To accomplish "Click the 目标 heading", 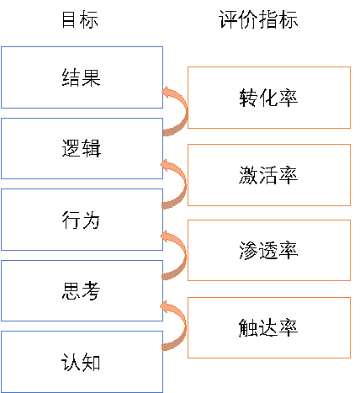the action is pos(80,19).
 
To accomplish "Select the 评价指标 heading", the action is pos(258,19).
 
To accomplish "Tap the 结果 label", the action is pos(82,77).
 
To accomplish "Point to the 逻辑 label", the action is pos(82,148).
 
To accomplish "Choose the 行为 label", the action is pos(81,220).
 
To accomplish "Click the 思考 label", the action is pos(81,291).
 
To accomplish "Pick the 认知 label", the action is pos(81,362).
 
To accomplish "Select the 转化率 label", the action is pos(268,98).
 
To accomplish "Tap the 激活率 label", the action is pos(268,175).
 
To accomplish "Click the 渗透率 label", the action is pos(268,250).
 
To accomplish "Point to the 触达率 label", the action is pos(268,327).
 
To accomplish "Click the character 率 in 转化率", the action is pos(289,98).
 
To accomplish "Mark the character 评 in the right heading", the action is pos(228,19).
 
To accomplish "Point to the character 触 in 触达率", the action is pos(248,327).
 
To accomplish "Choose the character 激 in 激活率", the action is pos(248,175).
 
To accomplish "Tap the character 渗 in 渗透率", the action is pos(248,250).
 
